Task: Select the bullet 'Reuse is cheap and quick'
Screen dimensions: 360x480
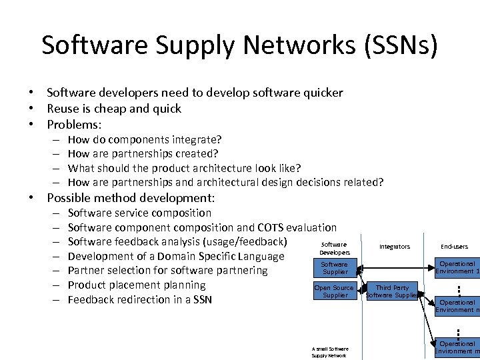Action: pos(114,109)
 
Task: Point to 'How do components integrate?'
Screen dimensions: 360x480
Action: pos(145,140)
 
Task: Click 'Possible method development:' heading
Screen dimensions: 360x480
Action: pos(131,198)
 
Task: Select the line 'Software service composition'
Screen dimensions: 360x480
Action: pos(139,213)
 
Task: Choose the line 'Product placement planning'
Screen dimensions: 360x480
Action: pos(137,285)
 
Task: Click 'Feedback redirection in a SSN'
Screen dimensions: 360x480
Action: pos(139,300)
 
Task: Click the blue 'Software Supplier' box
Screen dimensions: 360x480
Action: pos(335,268)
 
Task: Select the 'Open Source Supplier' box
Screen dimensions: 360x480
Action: pos(335,291)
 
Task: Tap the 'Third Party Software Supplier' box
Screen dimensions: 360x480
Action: pos(392,291)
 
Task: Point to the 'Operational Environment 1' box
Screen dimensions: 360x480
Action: pos(457,267)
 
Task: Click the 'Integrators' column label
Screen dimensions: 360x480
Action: pos(395,247)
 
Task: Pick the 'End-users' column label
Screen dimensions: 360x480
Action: pos(454,247)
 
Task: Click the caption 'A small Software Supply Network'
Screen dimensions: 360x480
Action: pos(330,352)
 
